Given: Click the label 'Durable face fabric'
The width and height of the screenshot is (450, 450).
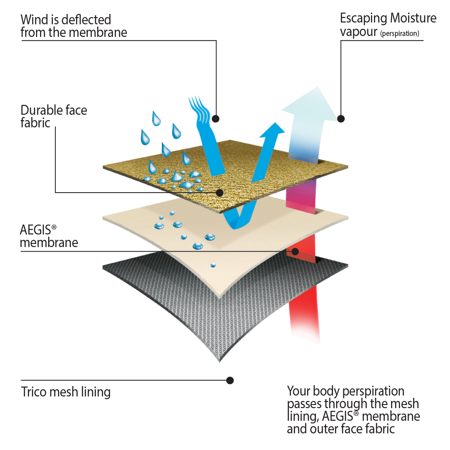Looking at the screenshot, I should click(54, 116).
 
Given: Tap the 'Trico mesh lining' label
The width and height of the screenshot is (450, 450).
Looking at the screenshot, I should click(66, 391).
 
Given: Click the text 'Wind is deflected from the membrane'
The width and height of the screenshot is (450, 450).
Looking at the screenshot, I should click(74, 26).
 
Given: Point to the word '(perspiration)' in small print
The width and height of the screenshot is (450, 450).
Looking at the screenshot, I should click(400, 33).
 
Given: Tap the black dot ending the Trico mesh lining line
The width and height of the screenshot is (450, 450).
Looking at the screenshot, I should click(230, 380).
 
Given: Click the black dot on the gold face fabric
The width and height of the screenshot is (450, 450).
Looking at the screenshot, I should click(220, 193).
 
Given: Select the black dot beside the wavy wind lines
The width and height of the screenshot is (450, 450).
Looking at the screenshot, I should click(216, 119).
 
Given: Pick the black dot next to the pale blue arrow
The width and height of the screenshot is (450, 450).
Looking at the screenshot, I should click(341, 119).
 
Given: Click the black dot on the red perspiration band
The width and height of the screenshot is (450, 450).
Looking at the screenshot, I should click(295, 251).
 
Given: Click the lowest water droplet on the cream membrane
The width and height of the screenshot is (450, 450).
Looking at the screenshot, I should click(213, 265).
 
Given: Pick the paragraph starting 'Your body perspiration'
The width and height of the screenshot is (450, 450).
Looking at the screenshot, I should click(353, 409).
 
